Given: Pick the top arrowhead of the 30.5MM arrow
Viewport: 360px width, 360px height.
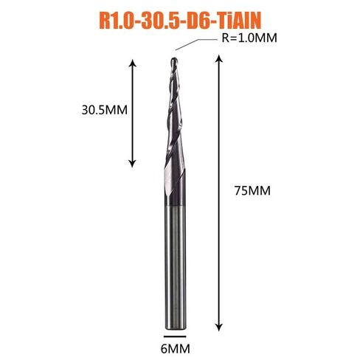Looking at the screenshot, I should click(133, 63).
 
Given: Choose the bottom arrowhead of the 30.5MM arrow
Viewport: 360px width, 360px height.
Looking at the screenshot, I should click(133, 163).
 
